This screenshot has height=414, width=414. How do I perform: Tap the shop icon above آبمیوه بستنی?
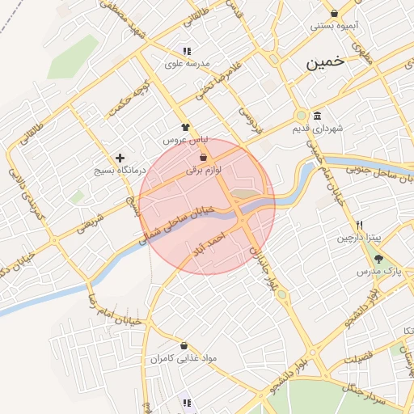pos(334,13)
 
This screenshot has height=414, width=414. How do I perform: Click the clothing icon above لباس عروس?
pos(185,127)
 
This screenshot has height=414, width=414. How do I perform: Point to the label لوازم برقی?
pos(203,170)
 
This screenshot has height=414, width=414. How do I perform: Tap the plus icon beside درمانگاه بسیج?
pos(120,158)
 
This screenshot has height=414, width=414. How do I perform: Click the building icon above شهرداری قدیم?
pos(316,115)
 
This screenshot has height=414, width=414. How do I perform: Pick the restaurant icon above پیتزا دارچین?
pos(359,225)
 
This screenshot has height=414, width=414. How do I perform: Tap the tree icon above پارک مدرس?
pos(379,258)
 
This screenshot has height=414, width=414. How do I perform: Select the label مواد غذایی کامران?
pos(185,357)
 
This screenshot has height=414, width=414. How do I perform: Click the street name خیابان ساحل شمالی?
pos(177,222)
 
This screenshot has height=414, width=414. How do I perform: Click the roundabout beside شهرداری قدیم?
pos(302,116)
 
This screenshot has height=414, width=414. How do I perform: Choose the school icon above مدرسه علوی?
pos(188,51)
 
